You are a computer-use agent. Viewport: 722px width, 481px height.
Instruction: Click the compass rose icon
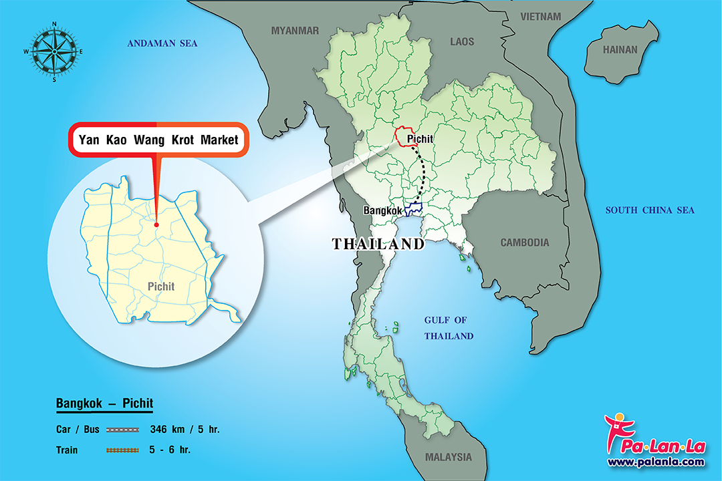tap(54, 51)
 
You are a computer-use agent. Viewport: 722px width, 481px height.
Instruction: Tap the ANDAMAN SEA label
tap(162, 43)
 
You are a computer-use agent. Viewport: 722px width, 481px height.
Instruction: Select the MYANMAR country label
tap(295, 30)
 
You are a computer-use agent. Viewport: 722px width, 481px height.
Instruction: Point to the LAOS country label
tap(462, 41)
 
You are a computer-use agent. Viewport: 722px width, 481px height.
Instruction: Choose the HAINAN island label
tap(620, 49)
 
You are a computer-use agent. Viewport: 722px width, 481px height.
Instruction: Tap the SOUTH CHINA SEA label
tap(650, 210)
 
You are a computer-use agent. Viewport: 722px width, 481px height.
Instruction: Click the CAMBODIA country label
tap(525, 243)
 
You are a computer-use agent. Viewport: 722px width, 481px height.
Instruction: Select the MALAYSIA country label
tap(448, 458)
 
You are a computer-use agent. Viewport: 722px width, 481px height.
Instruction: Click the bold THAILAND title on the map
tap(378, 245)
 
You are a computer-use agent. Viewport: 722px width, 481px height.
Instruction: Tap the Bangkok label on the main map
tap(382, 211)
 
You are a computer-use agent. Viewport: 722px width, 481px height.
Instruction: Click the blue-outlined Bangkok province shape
tap(413, 210)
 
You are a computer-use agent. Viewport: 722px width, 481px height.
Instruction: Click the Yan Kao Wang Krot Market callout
tap(158, 140)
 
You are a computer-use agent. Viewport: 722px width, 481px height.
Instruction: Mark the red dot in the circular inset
tap(156, 224)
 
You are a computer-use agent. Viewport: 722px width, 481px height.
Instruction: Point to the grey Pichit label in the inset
tap(161, 287)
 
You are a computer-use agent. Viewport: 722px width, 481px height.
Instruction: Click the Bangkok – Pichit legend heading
tap(104, 404)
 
